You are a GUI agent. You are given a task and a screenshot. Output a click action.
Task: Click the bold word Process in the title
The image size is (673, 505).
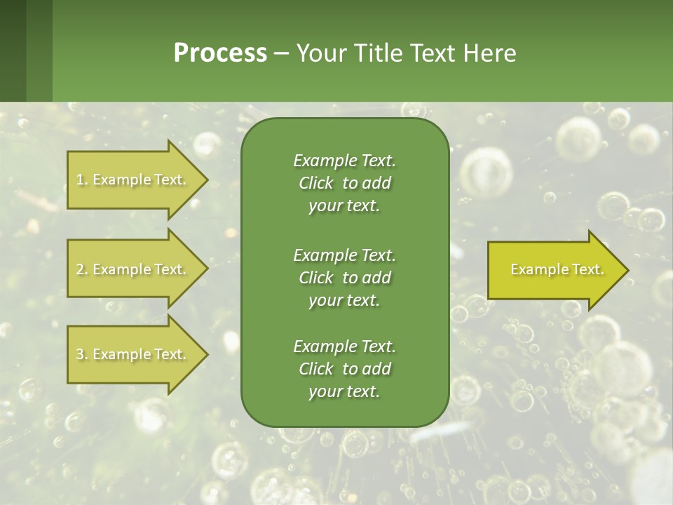220,53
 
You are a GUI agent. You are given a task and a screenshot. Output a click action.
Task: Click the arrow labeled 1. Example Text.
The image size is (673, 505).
133,180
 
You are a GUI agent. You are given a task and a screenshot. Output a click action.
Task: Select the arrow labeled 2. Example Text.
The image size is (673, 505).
133,269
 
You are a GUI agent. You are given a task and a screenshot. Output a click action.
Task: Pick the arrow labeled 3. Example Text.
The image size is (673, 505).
133,354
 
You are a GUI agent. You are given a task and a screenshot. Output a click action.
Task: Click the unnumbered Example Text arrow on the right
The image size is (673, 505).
554,270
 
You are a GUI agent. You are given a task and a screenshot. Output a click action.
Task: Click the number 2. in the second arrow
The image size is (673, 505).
82,269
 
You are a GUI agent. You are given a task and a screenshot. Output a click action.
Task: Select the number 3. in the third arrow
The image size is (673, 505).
82,354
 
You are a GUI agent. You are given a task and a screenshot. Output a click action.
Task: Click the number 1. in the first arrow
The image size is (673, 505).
81,180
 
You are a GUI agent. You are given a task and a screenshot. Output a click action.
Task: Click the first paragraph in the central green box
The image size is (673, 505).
344,183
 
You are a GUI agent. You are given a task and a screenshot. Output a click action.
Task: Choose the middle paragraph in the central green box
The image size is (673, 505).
344,278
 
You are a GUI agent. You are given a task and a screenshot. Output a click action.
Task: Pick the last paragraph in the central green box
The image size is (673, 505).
344,369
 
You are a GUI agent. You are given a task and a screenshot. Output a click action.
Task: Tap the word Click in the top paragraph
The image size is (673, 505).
316,183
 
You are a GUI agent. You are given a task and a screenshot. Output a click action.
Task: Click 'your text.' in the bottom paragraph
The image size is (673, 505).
344,391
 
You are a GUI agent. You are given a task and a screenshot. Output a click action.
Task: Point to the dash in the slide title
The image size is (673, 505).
281,54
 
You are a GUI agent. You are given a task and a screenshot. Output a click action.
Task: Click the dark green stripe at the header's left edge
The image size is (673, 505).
13,50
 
